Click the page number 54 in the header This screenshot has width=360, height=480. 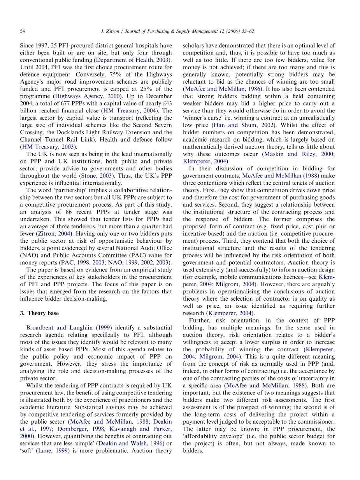pyautogui.click(x=23, y=31)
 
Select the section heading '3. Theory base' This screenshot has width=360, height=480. pyautogui.click(x=40, y=313)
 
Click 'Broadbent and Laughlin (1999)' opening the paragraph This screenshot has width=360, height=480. pyautogui.click(x=69, y=328)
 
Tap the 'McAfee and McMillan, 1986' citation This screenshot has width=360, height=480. pyautogui.click(x=222, y=89)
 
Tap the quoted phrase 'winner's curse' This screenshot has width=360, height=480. pyautogui.click(x=201, y=118)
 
